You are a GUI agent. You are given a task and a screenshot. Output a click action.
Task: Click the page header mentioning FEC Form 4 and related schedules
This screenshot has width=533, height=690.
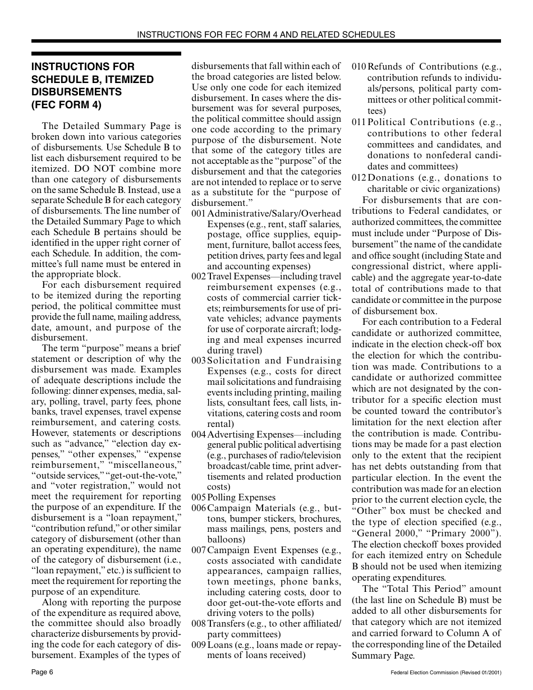(x=266, y=34)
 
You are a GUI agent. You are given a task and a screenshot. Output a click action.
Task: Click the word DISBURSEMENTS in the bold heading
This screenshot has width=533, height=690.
(x=76, y=91)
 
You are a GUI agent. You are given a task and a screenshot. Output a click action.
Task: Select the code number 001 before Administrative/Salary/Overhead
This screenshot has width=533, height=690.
(x=199, y=214)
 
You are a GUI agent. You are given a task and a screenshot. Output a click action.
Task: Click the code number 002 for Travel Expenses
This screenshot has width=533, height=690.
(x=199, y=277)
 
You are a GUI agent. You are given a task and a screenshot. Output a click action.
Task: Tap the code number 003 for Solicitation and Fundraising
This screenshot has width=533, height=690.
(x=199, y=361)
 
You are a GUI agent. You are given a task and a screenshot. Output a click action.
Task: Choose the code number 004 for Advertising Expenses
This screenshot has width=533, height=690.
(x=199, y=435)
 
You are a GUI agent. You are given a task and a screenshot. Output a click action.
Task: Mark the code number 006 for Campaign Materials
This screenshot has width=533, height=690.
(x=199, y=508)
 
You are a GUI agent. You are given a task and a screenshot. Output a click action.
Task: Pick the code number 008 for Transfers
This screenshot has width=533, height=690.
(x=199, y=624)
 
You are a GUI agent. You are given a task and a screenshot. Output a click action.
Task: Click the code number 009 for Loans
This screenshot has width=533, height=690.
(x=199, y=645)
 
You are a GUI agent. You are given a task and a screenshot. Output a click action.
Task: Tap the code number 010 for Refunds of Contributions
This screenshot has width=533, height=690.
(x=359, y=67)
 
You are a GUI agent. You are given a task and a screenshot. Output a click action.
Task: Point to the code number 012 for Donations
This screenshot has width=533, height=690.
(x=359, y=178)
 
